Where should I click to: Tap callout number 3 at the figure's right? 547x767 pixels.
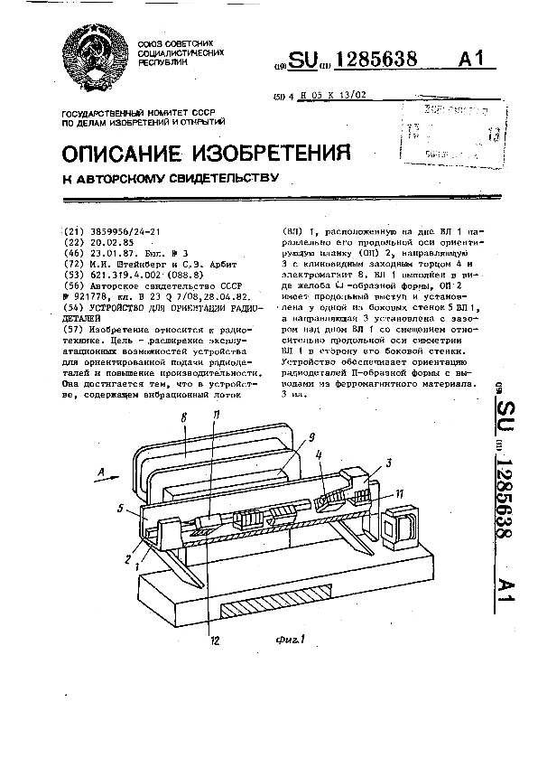387,461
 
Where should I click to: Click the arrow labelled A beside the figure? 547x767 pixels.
101,472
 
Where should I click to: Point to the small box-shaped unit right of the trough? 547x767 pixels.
399,528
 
